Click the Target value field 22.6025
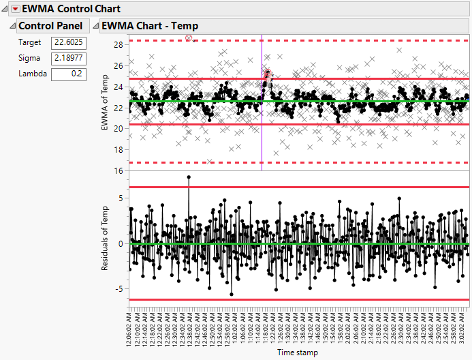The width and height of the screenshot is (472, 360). tap(68, 42)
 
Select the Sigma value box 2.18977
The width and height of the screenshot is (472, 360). tap(68, 58)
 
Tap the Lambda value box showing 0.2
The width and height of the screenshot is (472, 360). tap(68, 74)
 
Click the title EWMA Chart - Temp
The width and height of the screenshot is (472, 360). tap(149, 26)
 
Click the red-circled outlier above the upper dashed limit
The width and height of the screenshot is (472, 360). tap(189, 39)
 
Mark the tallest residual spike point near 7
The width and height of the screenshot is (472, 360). tap(189, 177)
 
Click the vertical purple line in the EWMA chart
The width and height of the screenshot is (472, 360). tap(262, 136)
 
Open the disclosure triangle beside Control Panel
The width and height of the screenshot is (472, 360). tap(12, 26)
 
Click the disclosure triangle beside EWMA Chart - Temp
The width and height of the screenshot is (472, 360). tap(95, 26)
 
